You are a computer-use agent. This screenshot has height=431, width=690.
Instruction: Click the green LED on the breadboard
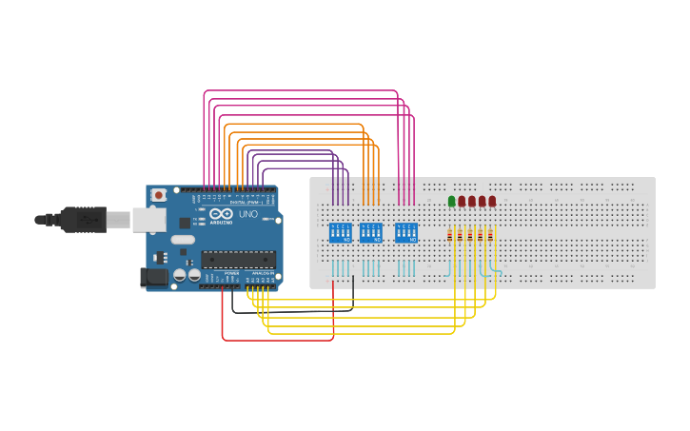click(451, 201)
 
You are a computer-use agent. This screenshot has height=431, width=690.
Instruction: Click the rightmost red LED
click(492, 201)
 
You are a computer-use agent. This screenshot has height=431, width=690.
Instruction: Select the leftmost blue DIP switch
click(340, 233)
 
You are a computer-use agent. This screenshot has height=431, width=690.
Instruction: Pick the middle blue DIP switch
click(371, 233)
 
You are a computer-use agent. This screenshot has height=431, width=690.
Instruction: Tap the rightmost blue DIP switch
click(406, 233)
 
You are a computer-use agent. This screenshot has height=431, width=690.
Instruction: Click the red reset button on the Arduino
click(158, 195)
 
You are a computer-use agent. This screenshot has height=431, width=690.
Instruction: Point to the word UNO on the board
click(247, 215)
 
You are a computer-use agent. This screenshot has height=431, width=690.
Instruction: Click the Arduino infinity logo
click(222, 215)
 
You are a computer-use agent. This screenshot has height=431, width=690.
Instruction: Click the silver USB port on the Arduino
click(148, 220)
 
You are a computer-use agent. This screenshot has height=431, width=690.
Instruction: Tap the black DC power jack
click(154, 278)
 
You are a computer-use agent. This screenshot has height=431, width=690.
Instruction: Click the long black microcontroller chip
click(238, 259)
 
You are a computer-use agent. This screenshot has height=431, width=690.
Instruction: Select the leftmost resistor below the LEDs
click(451, 235)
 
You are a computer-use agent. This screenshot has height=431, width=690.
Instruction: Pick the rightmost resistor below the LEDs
click(492, 235)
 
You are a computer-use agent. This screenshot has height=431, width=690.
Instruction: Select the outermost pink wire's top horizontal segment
click(300, 90)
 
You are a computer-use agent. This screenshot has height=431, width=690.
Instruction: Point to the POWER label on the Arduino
click(231, 273)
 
